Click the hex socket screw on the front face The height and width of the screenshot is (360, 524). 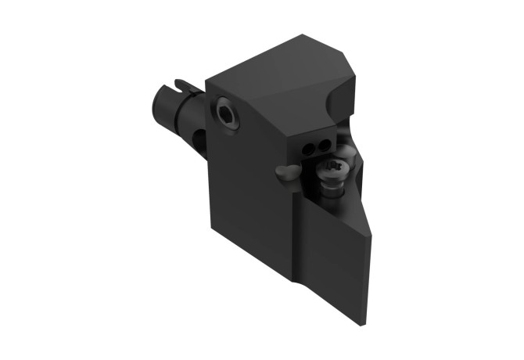point(228,113)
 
